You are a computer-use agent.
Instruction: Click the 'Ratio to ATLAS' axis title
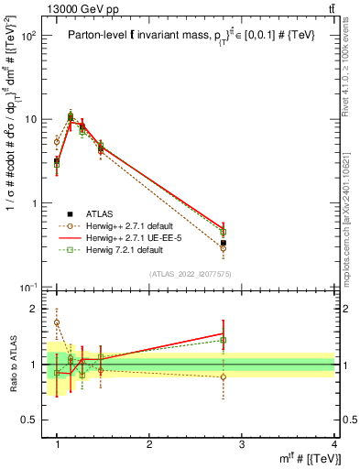tap(12, 365)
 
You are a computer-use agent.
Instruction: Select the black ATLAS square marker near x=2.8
tap(224, 243)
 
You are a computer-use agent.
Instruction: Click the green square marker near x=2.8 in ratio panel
tap(224, 341)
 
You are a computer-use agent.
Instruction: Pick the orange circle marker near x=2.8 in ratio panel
tap(224, 376)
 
